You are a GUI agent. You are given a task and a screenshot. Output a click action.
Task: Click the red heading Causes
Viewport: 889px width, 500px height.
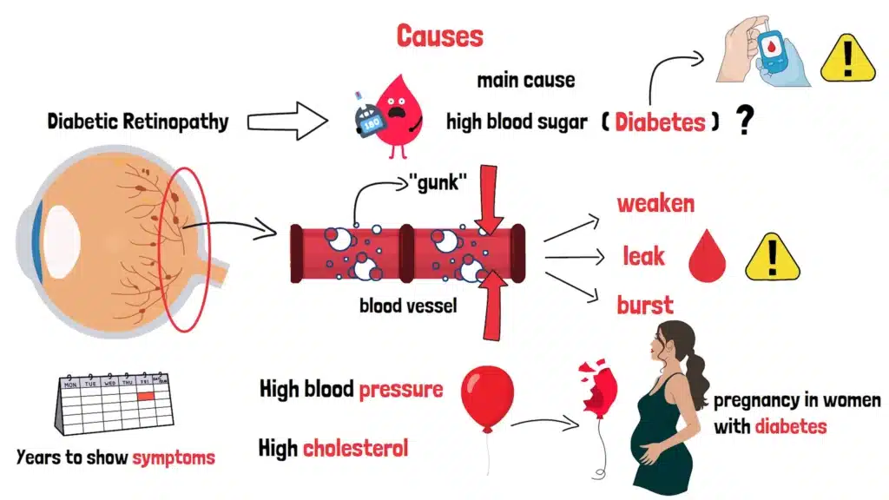(439, 36)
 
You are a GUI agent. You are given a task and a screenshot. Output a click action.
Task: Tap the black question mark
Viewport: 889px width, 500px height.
(743, 121)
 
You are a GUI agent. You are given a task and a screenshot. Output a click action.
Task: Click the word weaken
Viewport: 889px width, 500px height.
(655, 204)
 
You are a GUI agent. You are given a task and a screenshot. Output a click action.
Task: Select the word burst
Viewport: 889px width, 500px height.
(644, 305)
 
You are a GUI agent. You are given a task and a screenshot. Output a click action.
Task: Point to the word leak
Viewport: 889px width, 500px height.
(644, 255)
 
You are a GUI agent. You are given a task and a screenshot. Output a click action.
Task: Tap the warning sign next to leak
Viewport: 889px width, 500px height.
(767, 256)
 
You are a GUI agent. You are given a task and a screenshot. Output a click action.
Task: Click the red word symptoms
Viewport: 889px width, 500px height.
(173, 457)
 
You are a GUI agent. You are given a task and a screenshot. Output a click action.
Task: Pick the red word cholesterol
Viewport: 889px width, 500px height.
(356, 448)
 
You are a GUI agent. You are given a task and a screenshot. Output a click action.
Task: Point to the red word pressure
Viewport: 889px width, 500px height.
(400, 388)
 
